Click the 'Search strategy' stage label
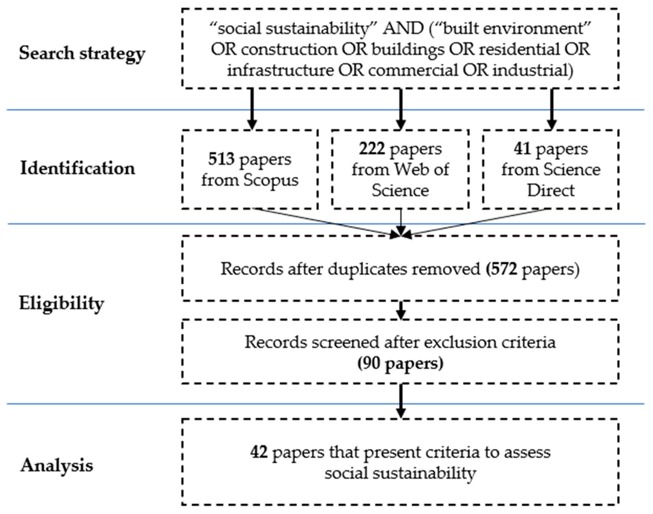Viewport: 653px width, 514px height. click(x=82, y=54)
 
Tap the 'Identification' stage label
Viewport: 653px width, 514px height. click(x=78, y=168)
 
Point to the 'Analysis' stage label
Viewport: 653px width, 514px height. click(x=57, y=465)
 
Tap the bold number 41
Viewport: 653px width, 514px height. click(x=522, y=149)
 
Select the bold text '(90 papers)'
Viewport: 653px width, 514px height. click(x=400, y=364)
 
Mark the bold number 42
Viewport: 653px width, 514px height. click(x=259, y=452)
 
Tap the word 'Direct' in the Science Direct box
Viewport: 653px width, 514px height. click(x=551, y=191)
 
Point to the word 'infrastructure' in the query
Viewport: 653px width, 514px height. click(x=280, y=70)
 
